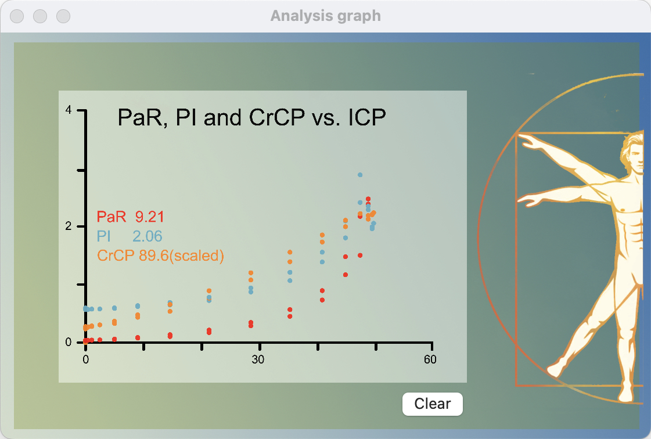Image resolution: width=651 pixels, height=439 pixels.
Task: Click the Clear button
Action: pyautogui.click(x=433, y=404)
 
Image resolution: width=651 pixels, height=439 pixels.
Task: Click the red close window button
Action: pyautogui.click(x=17, y=16)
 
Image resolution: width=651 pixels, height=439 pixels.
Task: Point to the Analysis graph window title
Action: pyautogui.click(x=326, y=16)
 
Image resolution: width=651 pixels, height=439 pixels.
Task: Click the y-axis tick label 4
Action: pyautogui.click(x=69, y=110)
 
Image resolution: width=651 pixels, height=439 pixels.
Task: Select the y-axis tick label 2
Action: pyautogui.click(x=69, y=226)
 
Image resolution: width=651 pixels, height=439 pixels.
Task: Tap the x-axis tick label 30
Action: pyautogui.click(x=258, y=359)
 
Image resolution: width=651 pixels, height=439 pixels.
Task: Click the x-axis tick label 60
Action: pyautogui.click(x=430, y=359)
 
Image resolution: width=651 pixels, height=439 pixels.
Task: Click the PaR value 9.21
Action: pyautogui.click(x=149, y=217)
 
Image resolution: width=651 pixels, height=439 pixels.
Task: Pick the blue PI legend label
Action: pyautogui.click(x=103, y=236)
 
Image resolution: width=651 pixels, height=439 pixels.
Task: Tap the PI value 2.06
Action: pyautogui.click(x=148, y=236)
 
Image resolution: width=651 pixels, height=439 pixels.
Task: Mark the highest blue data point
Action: pyautogui.click(x=360, y=175)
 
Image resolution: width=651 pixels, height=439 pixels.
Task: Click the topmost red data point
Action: pyautogui.click(x=368, y=199)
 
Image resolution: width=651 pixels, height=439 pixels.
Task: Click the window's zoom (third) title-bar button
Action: pyautogui.click(x=63, y=16)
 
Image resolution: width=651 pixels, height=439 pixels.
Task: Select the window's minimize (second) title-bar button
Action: pyautogui.click(x=40, y=16)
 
